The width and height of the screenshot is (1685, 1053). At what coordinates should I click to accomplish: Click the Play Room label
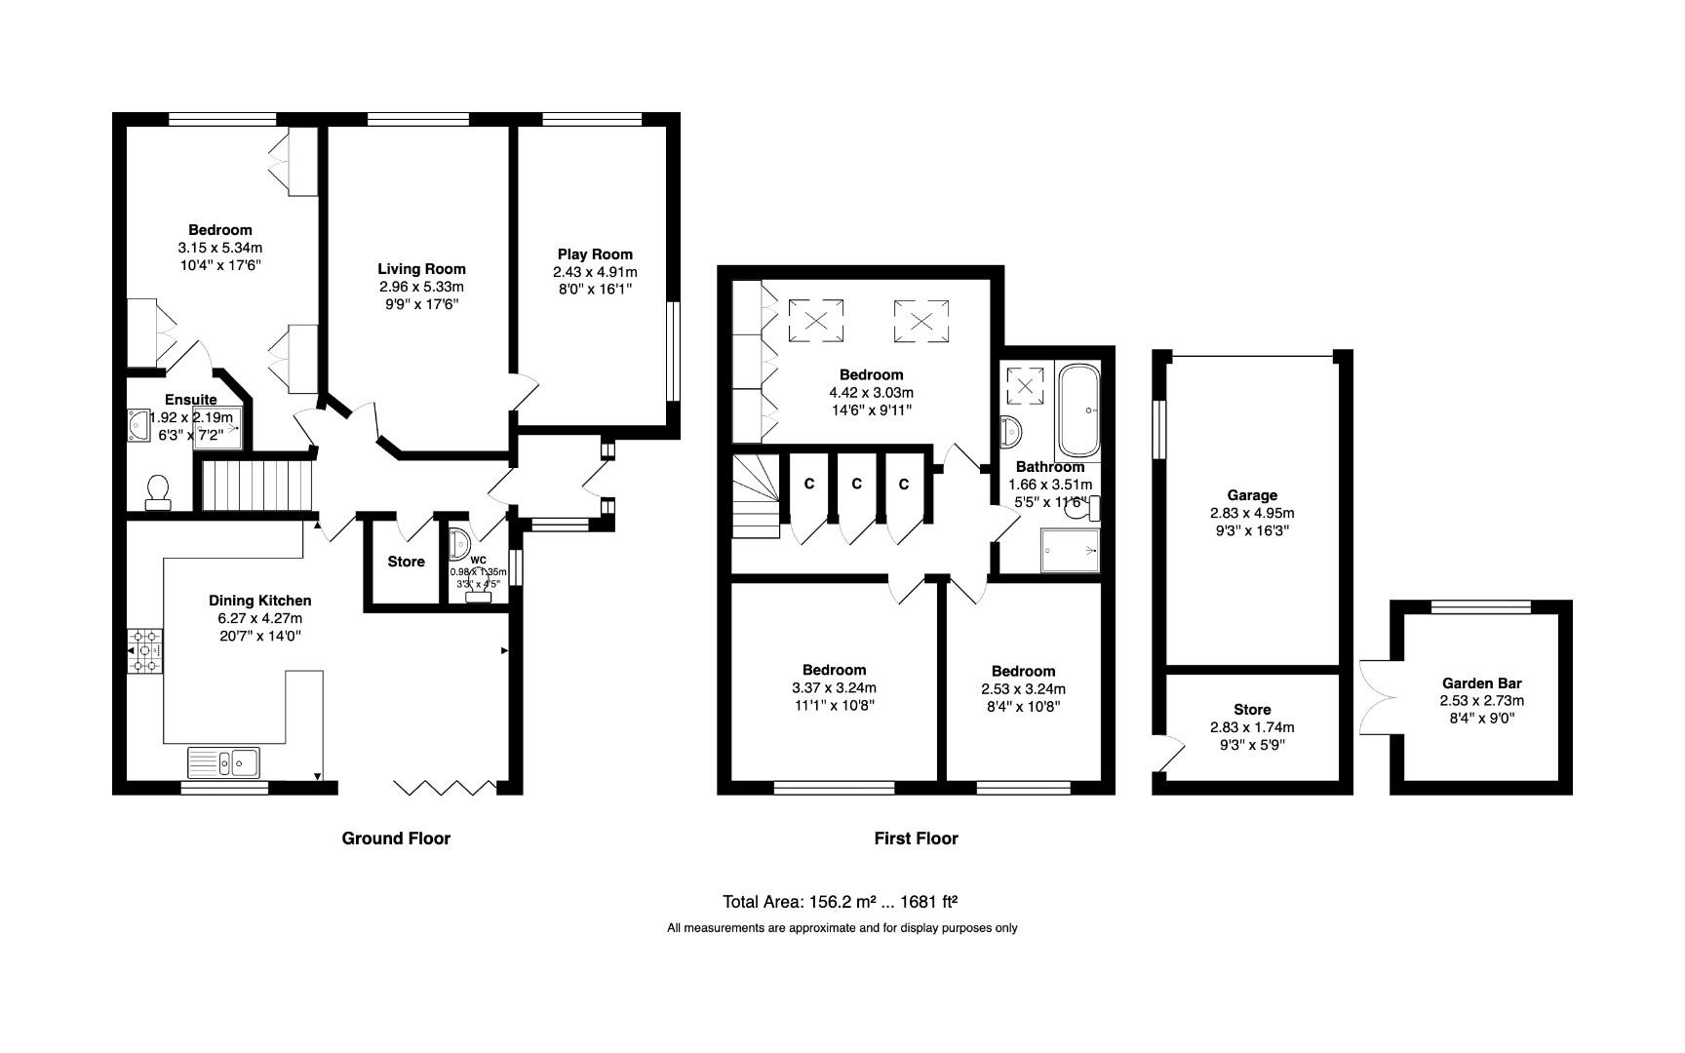tap(595, 254)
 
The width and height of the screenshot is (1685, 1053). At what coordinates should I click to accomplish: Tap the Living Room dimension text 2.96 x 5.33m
tap(421, 287)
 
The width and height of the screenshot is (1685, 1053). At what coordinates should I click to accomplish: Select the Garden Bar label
tap(1481, 683)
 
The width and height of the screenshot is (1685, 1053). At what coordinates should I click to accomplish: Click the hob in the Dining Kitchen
tap(145, 651)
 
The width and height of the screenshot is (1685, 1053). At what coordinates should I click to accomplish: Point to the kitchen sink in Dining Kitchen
tap(225, 762)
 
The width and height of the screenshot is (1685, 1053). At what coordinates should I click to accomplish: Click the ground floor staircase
tap(259, 485)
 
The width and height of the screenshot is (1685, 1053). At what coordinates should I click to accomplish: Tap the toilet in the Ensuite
tap(157, 492)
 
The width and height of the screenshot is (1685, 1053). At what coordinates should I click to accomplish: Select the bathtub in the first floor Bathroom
tap(1078, 410)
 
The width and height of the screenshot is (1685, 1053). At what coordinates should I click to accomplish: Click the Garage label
tap(1252, 495)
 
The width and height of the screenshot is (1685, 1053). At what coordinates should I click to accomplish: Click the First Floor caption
tap(916, 838)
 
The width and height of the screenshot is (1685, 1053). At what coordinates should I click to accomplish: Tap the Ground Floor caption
tap(396, 838)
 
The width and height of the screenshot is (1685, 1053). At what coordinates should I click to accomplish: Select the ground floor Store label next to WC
tap(406, 562)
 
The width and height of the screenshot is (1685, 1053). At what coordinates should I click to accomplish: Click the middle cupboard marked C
tap(856, 484)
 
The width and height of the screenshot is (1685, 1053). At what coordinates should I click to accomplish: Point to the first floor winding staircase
tap(757, 497)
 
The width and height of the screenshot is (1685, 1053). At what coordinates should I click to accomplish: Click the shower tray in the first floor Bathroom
tap(1070, 550)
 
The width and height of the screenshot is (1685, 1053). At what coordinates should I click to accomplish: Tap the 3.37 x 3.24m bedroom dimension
tap(834, 688)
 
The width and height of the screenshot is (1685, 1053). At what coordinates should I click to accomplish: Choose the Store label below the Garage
tap(1252, 710)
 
